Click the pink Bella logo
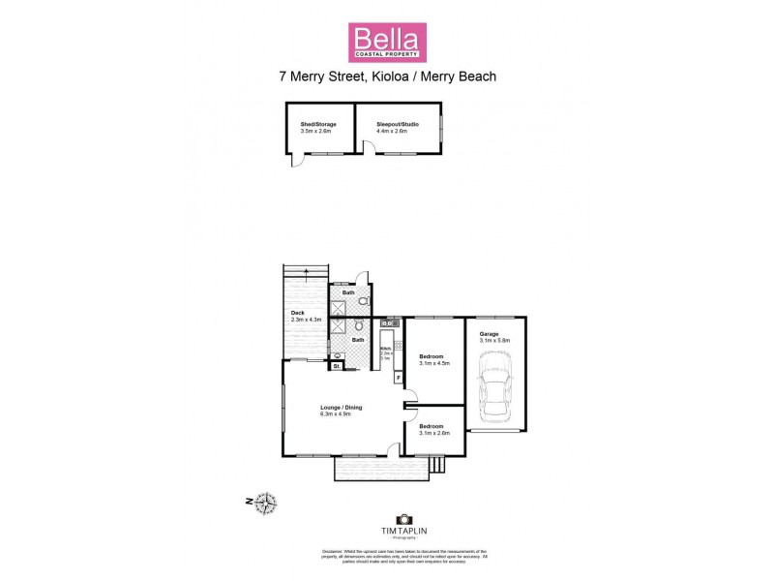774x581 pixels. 386,42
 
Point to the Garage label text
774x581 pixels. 489,334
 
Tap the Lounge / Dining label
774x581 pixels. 342,408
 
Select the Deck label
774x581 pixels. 298,313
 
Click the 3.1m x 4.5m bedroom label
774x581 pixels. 432,359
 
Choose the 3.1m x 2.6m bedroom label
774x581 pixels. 432,427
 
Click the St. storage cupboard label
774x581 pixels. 336,366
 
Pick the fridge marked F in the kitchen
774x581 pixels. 398,375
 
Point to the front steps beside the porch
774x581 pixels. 435,466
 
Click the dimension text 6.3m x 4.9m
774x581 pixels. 342,414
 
